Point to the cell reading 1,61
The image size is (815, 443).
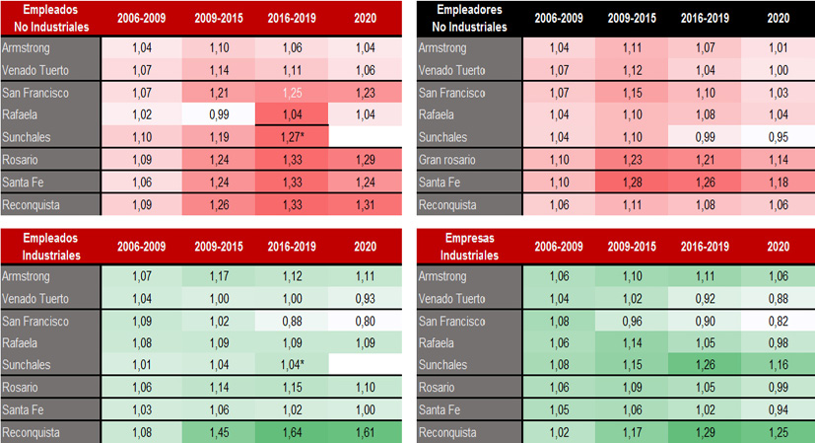(365, 432)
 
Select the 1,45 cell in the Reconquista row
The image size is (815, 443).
(218, 432)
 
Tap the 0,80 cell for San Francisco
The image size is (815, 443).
(365, 320)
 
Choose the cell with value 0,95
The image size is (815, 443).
(778, 137)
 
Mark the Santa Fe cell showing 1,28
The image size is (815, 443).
(632, 182)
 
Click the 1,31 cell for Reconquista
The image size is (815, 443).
(365, 204)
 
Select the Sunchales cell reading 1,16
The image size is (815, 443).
(778, 364)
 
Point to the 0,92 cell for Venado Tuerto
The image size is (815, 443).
(705, 297)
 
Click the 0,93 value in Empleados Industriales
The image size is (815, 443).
(365, 297)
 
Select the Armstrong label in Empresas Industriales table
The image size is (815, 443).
(443, 274)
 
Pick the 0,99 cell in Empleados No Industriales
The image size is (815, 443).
(218, 114)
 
